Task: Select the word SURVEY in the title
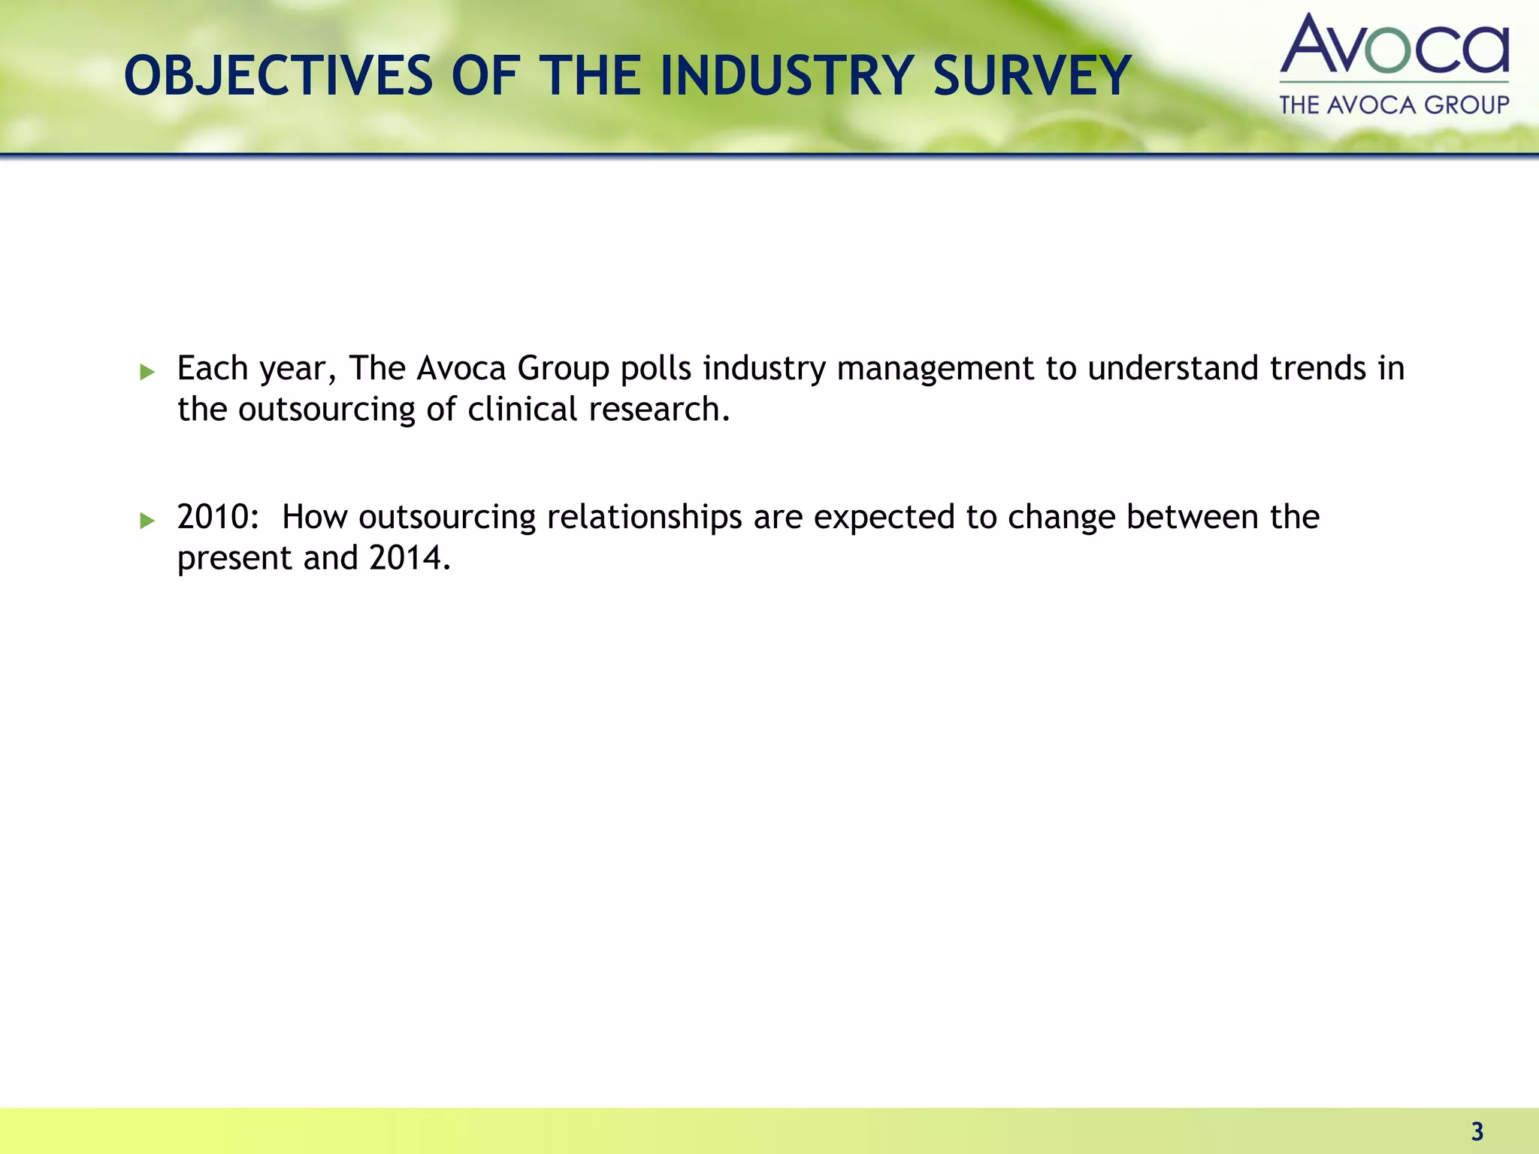1032,76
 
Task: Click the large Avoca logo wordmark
1394,45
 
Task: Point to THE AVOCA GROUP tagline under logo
1394,104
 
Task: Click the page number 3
1477,1131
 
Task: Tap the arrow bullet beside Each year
147,371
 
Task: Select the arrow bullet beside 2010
147,520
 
